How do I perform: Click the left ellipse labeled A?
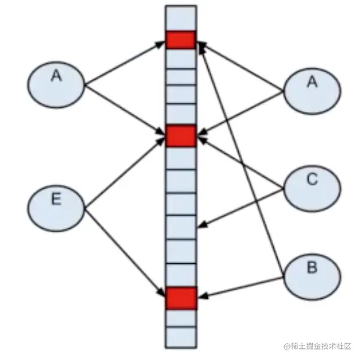(56, 85)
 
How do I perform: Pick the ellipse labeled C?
(312, 187)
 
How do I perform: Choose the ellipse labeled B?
(312, 274)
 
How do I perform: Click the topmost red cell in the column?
(180, 40)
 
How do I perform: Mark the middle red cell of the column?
(180, 135)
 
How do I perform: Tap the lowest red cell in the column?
(180, 298)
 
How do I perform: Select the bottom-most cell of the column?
(180, 337)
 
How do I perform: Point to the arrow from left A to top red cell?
(125, 63)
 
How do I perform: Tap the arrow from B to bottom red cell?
(245, 288)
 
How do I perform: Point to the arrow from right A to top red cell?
(242, 67)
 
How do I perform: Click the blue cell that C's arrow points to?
(180, 227)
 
